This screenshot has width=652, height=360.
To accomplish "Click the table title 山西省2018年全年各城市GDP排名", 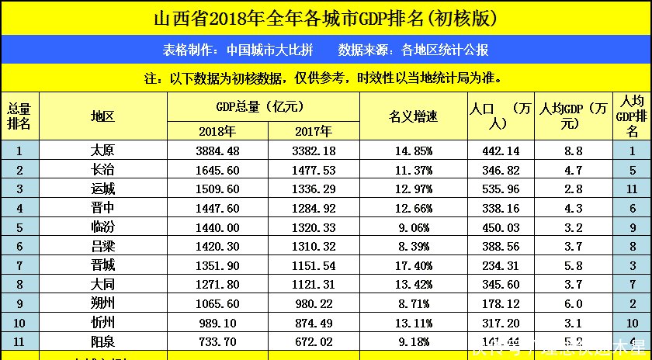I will tap(325, 17).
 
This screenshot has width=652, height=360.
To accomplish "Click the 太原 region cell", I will tap(102, 151).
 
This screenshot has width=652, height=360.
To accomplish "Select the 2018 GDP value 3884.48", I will tap(217, 151).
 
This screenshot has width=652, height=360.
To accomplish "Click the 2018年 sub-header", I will tap(217, 131).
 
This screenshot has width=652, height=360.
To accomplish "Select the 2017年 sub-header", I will tap(313, 131).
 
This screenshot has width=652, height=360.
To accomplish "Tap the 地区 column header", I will tap(102, 117).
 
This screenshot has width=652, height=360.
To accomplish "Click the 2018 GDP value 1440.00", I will tap(217, 227).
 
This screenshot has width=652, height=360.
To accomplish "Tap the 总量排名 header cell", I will tap(19, 117).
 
